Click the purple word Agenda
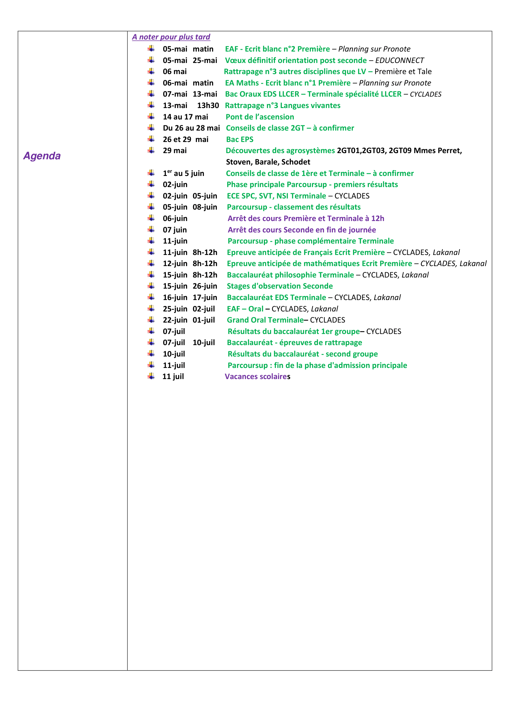pos(42,156)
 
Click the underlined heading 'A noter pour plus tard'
pos(171,37)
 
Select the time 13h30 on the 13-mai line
pos(208,105)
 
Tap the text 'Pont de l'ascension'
pos(260,117)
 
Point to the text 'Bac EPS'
pos(240,139)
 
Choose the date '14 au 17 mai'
pos(185,117)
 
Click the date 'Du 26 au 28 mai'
pos(191,128)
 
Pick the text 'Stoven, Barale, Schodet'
pos(268,162)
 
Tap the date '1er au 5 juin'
pos(183,173)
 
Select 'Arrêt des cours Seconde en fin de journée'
pos(302,230)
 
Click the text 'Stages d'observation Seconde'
pos(279,286)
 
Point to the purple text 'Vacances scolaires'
pos(257,376)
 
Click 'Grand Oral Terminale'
pos(265,320)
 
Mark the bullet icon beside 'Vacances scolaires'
pos(151,376)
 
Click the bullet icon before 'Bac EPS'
pos(151,139)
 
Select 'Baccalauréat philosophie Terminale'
pos(290,275)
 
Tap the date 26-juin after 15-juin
pos(205,286)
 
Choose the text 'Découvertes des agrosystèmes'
pos(280,151)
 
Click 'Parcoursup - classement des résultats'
pos(293,207)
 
